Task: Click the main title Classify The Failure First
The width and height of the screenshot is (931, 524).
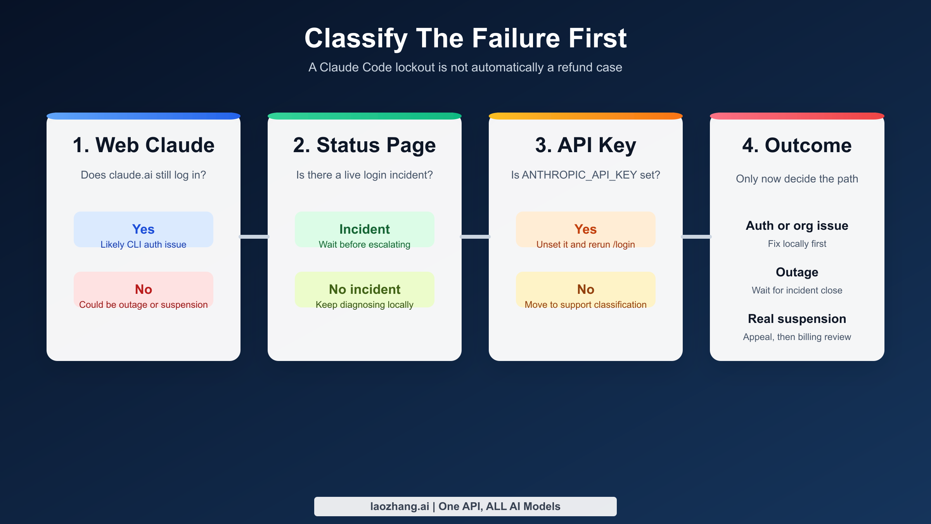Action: coord(465,38)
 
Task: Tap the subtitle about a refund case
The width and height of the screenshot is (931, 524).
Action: coord(465,68)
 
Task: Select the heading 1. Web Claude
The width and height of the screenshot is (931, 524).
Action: coord(143,145)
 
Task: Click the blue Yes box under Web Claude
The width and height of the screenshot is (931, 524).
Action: coord(143,229)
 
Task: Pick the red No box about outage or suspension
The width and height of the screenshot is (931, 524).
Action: coord(143,290)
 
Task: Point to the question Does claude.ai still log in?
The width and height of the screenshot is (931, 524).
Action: coord(143,175)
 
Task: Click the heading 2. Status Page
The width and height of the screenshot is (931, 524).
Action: coord(364,145)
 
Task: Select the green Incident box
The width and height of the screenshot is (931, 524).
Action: coord(364,229)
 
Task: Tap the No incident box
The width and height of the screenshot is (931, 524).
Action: coord(364,290)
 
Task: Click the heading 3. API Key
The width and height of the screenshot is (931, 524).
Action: coord(585,145)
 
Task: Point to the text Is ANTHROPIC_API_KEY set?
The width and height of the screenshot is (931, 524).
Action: coord(585,175)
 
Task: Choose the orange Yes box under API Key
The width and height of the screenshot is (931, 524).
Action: coord(585,229)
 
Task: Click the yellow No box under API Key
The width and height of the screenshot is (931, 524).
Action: coord(585,290)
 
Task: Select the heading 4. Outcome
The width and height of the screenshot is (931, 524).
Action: coord(797,145)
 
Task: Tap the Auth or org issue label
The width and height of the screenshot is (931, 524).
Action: coord(797,226)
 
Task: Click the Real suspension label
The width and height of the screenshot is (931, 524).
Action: coord(797,319)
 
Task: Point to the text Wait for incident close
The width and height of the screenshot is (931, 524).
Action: coord(797,290)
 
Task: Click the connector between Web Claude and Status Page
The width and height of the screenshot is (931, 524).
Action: coord(254,236)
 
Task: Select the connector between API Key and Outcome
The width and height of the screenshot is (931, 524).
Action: coord(696,236)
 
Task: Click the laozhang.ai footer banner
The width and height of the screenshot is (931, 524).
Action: coord(465,506)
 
